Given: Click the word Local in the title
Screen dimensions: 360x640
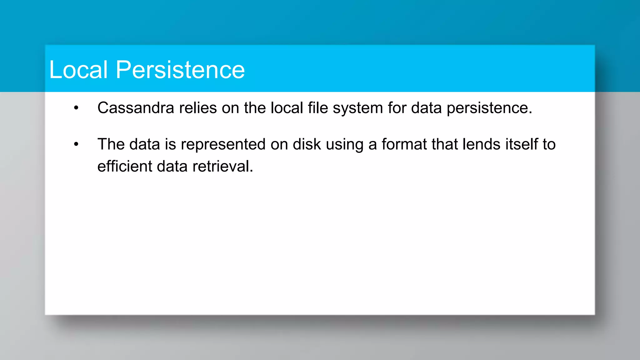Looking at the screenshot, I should [78, 69].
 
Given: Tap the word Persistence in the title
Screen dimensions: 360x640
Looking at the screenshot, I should [180, 69].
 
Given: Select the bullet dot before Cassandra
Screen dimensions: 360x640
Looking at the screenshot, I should [76, 108].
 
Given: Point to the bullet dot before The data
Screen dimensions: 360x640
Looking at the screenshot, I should [76, 144].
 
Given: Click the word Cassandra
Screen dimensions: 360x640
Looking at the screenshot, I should [136, 108].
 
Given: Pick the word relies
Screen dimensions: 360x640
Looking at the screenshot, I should [198, 108].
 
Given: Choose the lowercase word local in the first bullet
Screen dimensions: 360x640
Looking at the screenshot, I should [287, 108].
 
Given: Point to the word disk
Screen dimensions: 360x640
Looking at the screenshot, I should [307, 144].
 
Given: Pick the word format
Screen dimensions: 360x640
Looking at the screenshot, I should [404, 144].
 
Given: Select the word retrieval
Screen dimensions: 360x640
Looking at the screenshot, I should [222, 166].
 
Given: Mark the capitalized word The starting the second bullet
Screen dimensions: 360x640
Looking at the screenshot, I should [111, 144].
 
